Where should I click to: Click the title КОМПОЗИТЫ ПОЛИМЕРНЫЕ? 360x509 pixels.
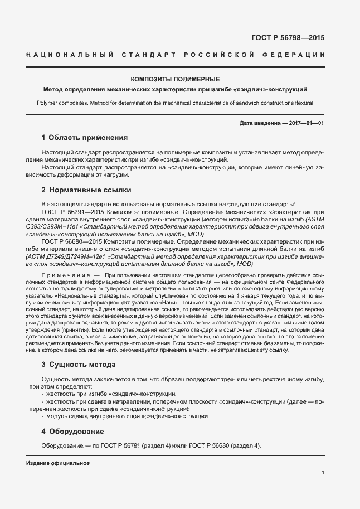[175, 80]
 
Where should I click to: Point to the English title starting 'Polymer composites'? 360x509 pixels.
[175, 103]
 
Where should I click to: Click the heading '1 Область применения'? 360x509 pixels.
[85, 138]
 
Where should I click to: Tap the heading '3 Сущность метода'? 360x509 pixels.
[79, 365]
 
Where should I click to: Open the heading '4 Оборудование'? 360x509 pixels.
[72, 432]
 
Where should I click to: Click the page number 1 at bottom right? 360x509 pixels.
[323, 473]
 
